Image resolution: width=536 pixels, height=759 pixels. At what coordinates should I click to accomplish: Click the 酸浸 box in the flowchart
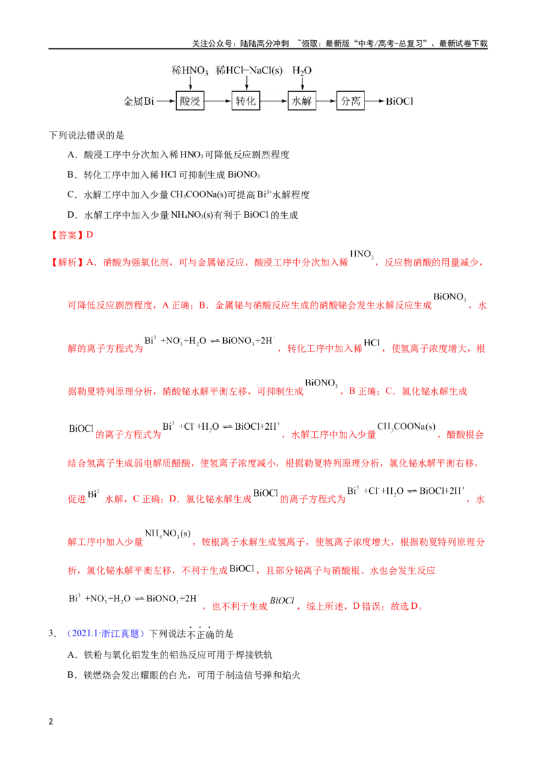190,101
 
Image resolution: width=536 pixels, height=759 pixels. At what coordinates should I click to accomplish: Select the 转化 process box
246,101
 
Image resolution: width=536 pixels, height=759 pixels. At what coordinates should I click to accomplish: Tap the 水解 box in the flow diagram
302,101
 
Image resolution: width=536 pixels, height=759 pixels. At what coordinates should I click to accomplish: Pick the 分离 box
350,101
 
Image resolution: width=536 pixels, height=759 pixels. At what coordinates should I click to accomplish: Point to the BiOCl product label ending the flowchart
399,101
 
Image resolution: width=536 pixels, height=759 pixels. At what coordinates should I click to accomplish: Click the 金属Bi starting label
139,101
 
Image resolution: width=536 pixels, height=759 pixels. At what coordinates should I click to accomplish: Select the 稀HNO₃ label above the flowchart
190,70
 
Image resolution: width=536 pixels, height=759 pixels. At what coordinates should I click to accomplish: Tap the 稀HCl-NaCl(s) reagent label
249,70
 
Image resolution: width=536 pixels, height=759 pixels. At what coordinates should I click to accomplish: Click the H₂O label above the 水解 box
302,70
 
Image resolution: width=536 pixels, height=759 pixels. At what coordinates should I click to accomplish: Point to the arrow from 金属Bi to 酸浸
165,101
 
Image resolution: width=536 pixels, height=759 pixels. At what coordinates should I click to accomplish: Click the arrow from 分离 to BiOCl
375,101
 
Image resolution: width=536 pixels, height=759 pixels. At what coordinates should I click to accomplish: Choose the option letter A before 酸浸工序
72,155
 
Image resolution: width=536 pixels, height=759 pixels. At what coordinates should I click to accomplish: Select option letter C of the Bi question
72,194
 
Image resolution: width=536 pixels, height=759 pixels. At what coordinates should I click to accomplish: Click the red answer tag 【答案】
67,235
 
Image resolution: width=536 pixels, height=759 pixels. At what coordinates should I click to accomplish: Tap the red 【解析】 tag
67,262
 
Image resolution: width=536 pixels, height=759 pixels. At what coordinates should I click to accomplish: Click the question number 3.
52,634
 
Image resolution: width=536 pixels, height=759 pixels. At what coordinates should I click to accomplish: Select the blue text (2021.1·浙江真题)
106,634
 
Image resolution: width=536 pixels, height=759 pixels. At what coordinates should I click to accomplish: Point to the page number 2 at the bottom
51,721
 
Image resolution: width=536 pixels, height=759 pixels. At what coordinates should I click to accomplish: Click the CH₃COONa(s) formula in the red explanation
406,426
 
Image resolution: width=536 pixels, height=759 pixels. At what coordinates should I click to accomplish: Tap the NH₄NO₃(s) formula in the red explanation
168,534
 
